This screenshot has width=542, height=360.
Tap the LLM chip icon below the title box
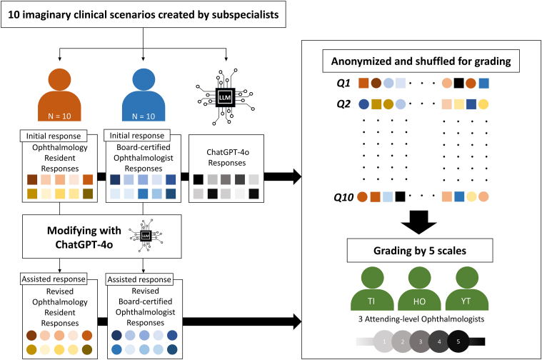tap(225, 97)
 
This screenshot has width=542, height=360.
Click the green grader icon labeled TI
tap(372, 291)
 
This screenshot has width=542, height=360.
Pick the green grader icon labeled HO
tap(419, 291)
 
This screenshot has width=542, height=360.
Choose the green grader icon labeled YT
tap(466, 291)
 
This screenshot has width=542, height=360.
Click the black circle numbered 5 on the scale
tap(458, 341)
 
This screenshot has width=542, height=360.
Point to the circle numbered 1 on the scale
tap(384, 341)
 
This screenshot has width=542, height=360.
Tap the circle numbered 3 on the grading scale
tap(421, 341)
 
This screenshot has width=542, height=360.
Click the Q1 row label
tap(343, 84)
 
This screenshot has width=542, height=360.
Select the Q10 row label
tap(343, 197)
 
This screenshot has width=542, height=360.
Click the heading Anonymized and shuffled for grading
tap(421, 61)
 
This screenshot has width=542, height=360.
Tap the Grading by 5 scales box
tap(420, 251)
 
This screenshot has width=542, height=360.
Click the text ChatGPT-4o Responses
tap(228, 157)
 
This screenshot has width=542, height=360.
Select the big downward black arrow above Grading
tap(418, 222)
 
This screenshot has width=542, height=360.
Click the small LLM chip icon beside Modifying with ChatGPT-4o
tap(146, 236)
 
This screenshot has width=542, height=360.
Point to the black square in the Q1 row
tap(458, 84)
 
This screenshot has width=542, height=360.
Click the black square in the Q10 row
tap(400, 196)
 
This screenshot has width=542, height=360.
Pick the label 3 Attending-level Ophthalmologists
tap(421, 319)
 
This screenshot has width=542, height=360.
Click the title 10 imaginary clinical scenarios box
tap(144, 14)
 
